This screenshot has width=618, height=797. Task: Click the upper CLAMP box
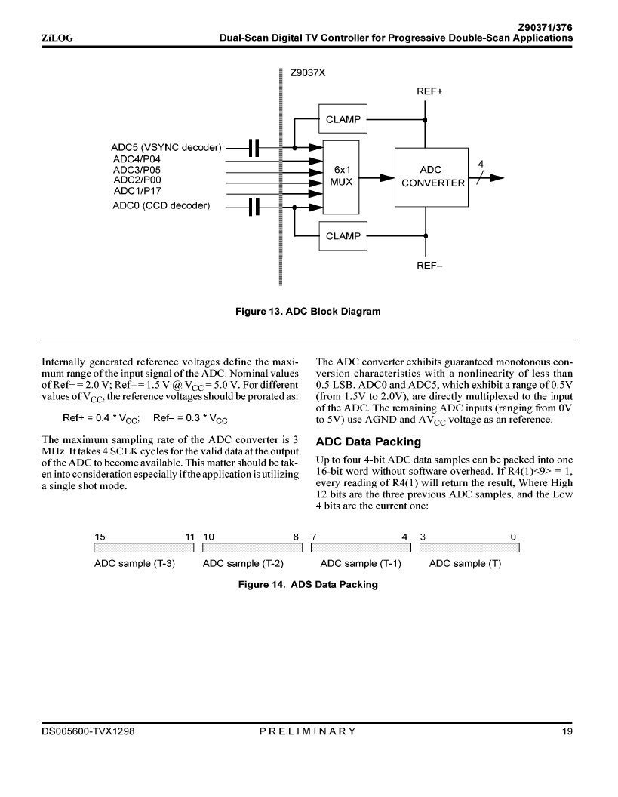pyautogui.click(x=343, y=119)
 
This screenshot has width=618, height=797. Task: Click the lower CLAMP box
pyautogui.click(x=343, y=235)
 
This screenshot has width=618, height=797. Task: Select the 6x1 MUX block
pyautogui.click(x=341, y=177)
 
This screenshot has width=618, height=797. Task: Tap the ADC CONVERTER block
pyautogui.click(x=432, y=177)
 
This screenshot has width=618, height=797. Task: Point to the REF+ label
pyautogui.click(x=429, y=91)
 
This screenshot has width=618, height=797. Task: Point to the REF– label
pyautogui.click(x=429, y=266)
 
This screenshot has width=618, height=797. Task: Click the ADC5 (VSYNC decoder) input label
pyautogui.click(x=166, y=147)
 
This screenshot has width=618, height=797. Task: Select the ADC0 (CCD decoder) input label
pyautogui.click(x=161, y=205)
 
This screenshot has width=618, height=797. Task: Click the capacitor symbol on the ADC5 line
pyautogui.click(x=254, y=148)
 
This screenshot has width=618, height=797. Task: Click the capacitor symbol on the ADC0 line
pyautogui.click(x=254, y=207)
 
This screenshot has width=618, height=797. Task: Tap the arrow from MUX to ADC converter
pyautogui.click(x=377, y=178)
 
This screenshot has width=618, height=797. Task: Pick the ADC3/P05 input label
pyautogui.click(x=137, y=170)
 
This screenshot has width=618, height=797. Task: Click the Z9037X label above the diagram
pyautogui.click(x=307, y=72)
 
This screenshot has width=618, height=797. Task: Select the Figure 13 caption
pyautogui.click(x=308, y=312)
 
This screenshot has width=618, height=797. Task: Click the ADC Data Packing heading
pyautogui.click(x=368, y=442)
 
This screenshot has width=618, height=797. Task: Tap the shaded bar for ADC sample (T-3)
pyautogui.click(x=144, y=547)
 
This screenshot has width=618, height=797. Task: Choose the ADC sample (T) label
pyautogui.click(x=465, y=563)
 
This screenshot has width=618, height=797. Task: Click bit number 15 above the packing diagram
pyautogui.click(x=100, y=537)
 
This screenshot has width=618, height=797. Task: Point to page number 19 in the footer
pyautogui.click(x=567, y=731)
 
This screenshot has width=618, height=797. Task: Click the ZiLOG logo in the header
pyautogui.click(x=57, y=38)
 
